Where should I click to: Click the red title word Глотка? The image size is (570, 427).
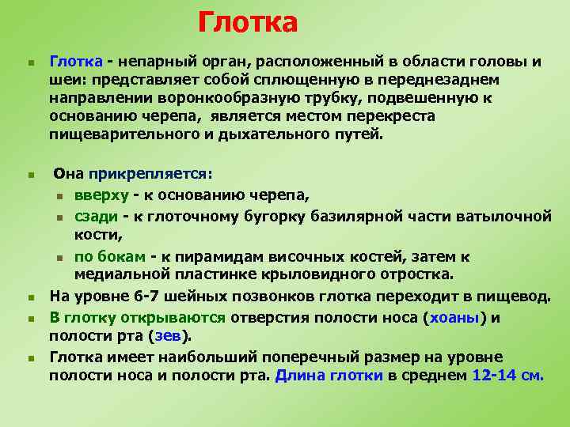point(248,23)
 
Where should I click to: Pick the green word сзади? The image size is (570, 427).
point(97,215)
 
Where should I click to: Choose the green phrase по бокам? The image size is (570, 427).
point(110,256)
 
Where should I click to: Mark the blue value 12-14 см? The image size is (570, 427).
point(507,376)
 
